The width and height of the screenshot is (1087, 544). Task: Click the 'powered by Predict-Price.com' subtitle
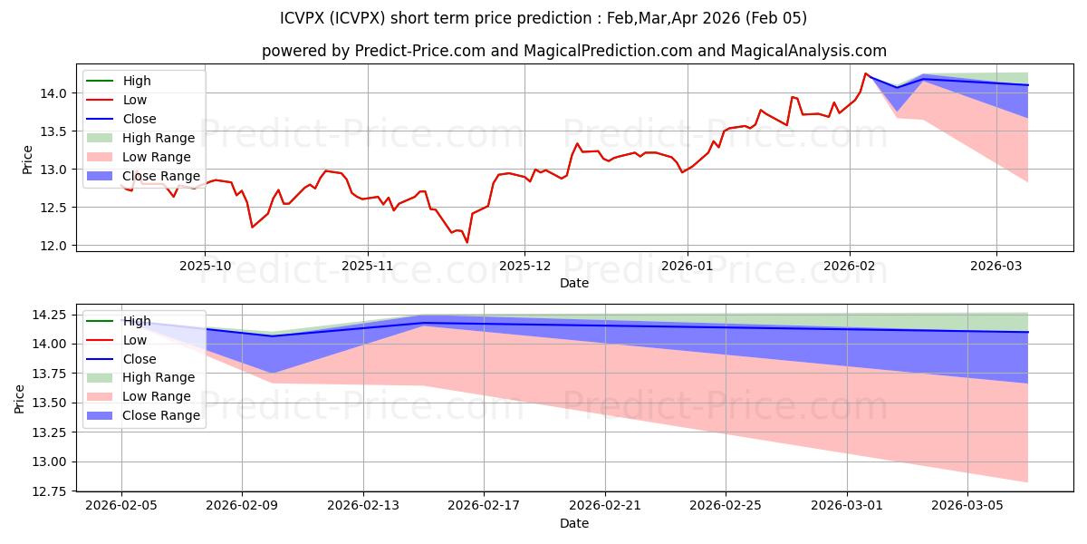click(x=574, y=51)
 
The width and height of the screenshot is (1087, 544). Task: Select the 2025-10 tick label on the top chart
click(x=205, y=266)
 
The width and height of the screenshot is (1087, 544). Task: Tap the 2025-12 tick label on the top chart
click(x=524, y=266)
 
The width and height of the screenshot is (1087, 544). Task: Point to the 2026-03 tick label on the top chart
click(x=996, y=266)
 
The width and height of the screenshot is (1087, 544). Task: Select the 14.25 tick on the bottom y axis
click(x=50, y=316)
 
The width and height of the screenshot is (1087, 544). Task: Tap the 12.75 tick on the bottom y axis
click(x=50, y=491)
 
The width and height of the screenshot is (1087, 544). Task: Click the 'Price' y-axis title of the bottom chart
click(x=19, y=398)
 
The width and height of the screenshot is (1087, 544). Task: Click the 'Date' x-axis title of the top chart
click(x=574, y=283)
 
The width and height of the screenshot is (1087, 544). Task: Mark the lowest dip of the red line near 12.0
click(x=467, y=242)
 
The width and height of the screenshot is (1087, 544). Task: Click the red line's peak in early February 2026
click(x=865, y=73)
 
